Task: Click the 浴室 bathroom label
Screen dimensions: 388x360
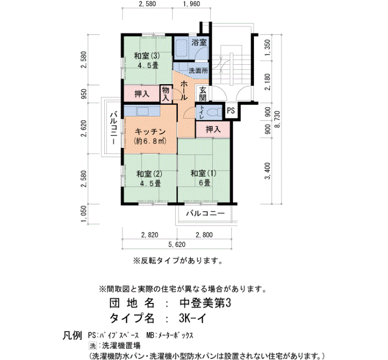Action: tap(199, 42)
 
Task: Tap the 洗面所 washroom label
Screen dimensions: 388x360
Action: tap(198, 71)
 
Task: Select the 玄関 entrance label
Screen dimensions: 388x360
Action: tap(203, 94)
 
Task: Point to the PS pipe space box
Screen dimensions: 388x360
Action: tap(231, 111)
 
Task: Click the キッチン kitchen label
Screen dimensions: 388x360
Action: tap(150, 132)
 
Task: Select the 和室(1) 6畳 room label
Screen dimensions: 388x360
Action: tap(203, 178)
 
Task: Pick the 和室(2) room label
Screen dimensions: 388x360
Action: tap(149, 178)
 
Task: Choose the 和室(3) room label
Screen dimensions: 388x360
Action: tap(147, 60)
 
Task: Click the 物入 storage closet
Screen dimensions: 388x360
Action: tap(166, 94)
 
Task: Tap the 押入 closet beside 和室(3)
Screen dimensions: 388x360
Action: tap(142, 94)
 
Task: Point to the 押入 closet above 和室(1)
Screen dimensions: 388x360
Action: tap(213, 129)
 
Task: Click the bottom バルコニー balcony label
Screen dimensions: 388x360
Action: tap(206, 213)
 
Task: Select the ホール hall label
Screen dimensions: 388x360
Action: tap(184, 90)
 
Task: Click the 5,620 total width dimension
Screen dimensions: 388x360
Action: tap(177, 245)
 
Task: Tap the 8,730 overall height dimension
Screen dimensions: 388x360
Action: tap(278, 119)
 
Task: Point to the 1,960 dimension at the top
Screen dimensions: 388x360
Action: tap(192, 4)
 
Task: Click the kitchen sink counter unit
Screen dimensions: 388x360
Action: tap(142, 111)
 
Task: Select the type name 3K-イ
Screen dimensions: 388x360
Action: tap(192, 318)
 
